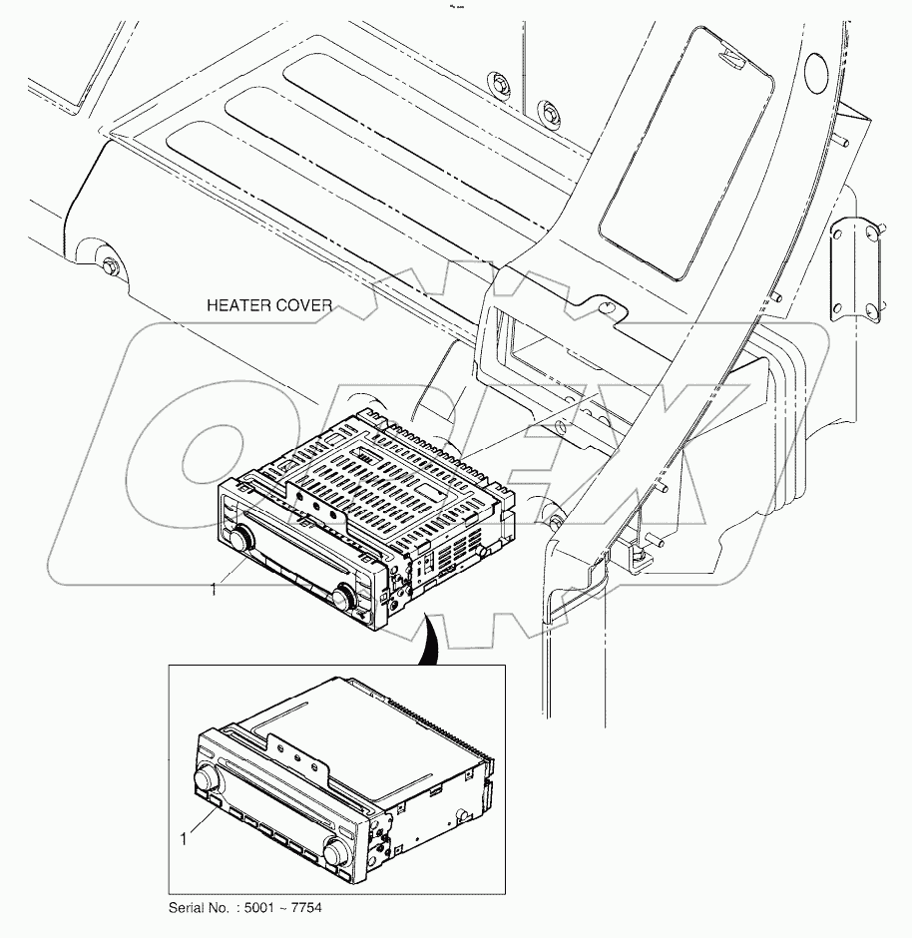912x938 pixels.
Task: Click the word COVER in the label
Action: tap(303, 305)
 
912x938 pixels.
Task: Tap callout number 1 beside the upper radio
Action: tap(213, 590)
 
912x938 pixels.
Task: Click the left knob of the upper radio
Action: tap(239, 539)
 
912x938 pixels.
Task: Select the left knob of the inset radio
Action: tap(208, 775)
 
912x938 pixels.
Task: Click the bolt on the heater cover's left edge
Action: tap(108, 266)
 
